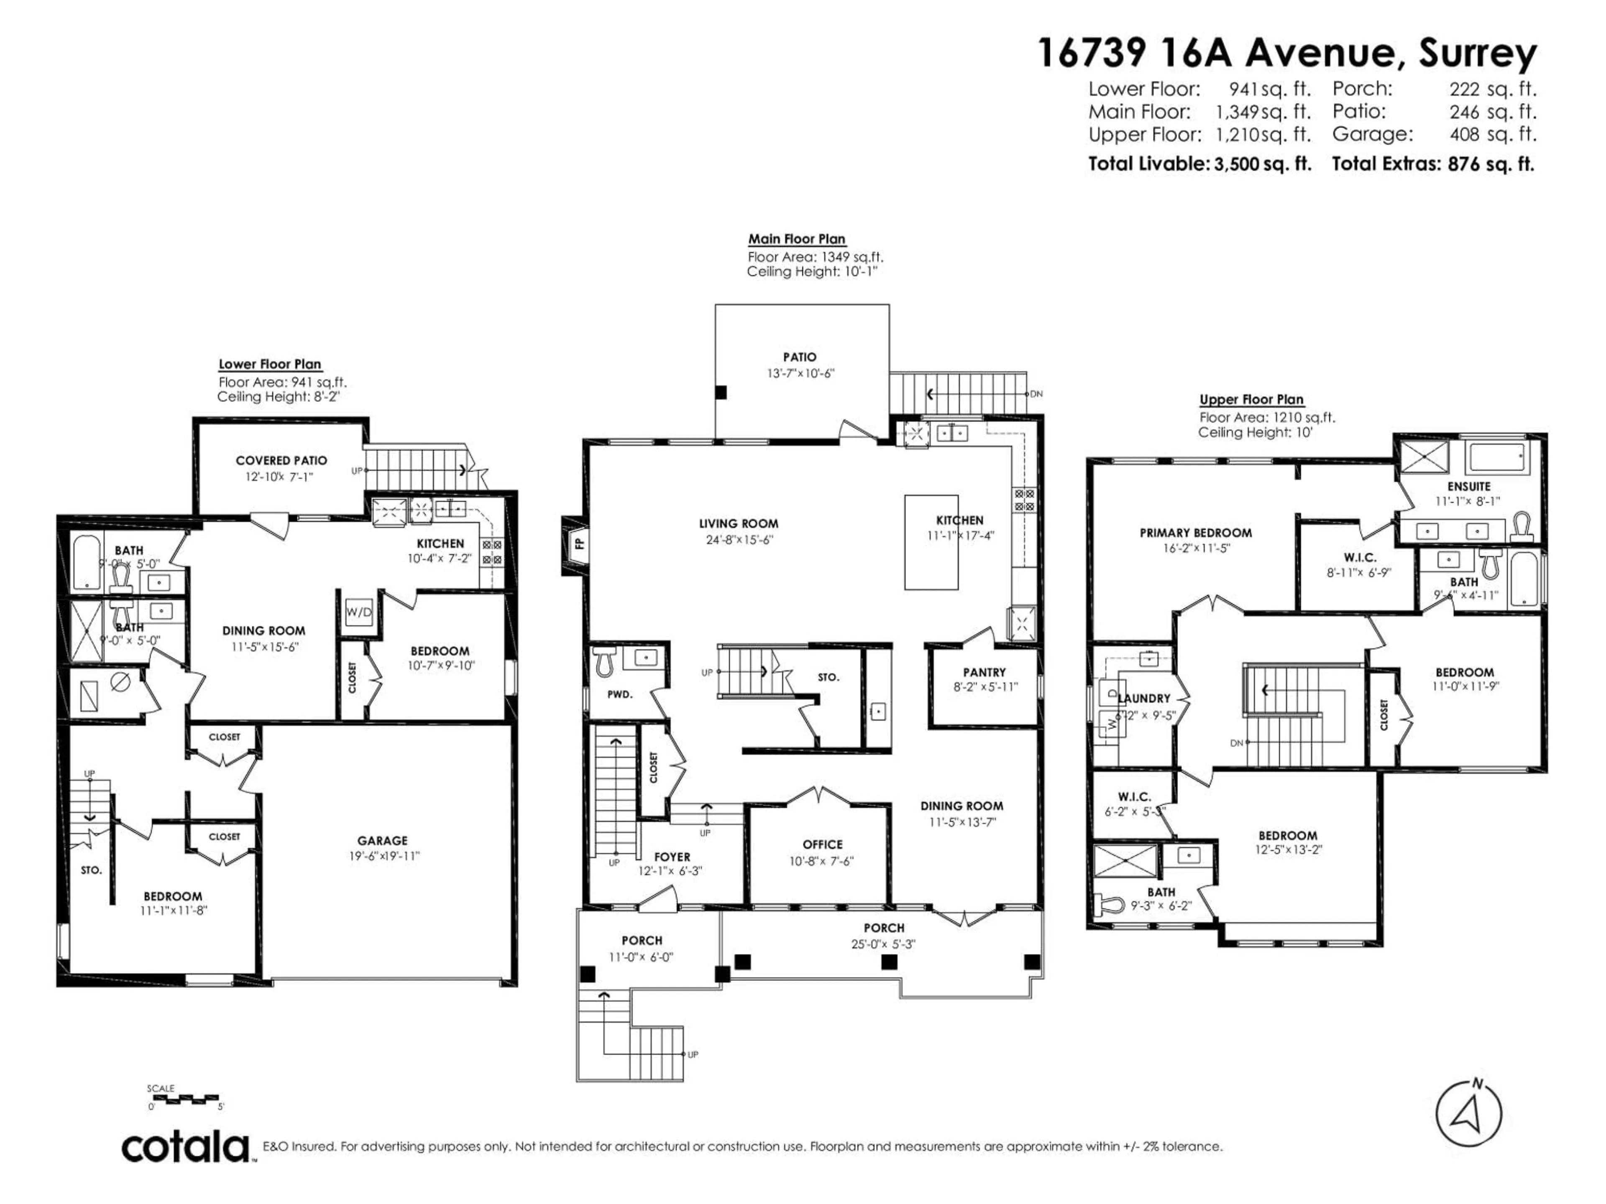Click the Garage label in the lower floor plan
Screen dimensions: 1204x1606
[x=383, y=840]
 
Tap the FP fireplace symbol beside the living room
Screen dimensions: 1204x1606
[x=579, y=542]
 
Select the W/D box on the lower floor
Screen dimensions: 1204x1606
[x=358, y=612]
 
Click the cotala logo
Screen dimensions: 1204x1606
[x=185, y=1148]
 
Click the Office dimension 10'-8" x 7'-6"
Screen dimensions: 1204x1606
[x=823, y=861]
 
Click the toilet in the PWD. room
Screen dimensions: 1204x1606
[x=604, y=661]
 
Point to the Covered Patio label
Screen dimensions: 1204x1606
[x=281, y=460]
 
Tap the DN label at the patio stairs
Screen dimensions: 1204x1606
[x=1036, y=394]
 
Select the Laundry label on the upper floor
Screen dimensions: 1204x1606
[x=1144, y=698]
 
